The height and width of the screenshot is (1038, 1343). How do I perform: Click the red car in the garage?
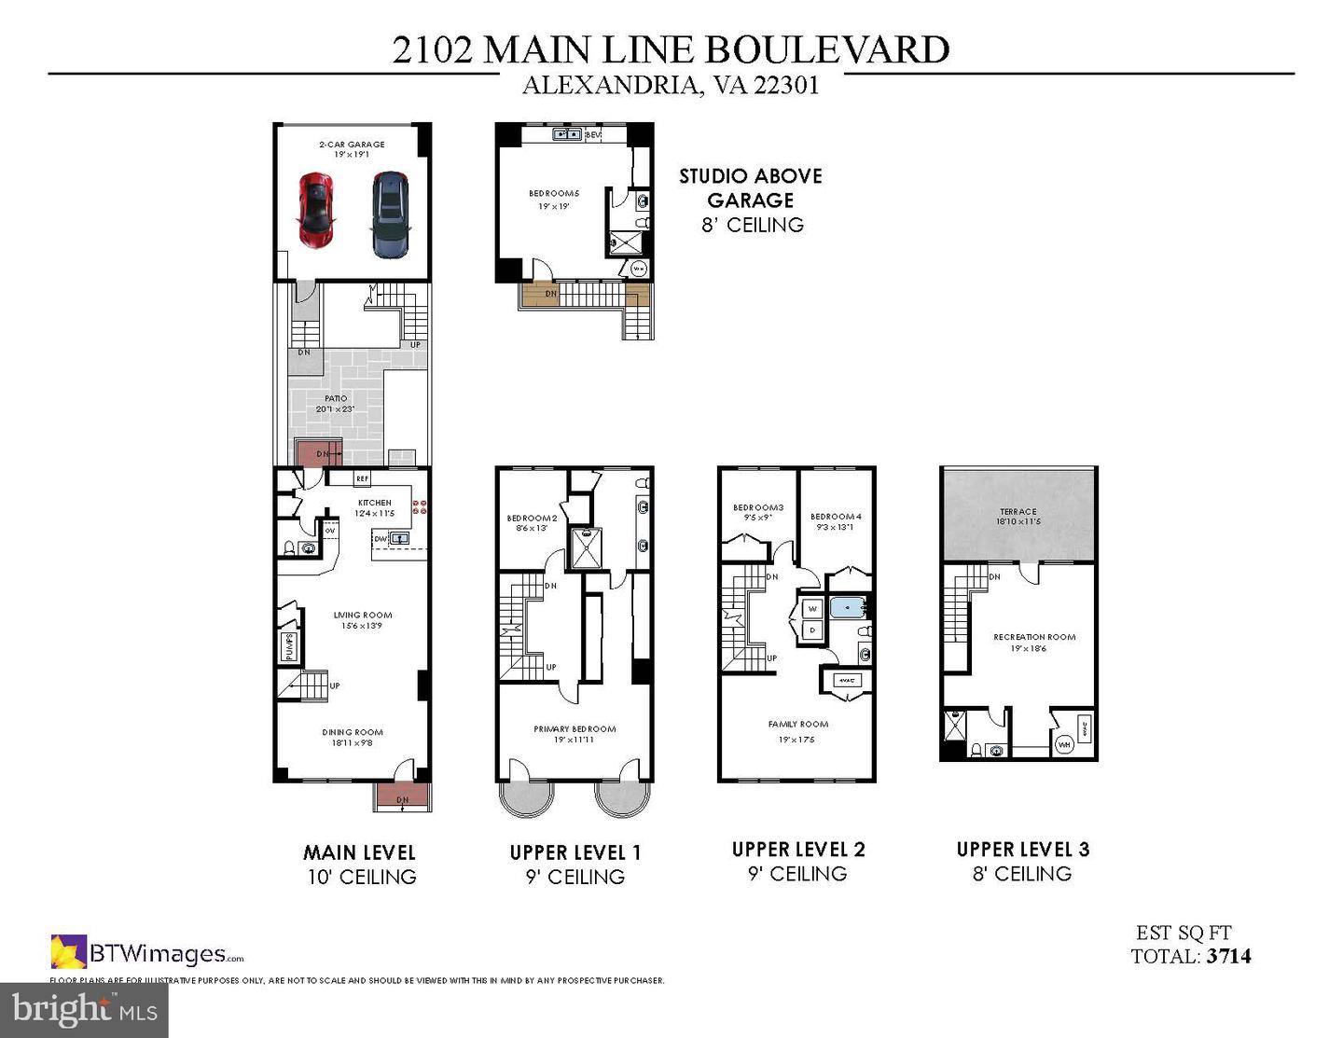[316, 210]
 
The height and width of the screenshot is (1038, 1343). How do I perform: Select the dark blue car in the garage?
[390, 214]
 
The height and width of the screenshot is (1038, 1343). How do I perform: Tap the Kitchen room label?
[375, 503]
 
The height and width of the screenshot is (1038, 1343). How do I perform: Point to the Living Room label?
[363, 615]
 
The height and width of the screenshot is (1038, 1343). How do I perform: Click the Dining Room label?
[353, 732]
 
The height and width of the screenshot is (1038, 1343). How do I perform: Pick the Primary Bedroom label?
[575, 729]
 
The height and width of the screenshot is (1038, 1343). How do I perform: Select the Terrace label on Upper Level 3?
[1018, 511]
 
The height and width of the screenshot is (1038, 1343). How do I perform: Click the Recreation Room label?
[1034, 637]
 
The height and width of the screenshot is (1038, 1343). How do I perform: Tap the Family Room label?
[797, 724]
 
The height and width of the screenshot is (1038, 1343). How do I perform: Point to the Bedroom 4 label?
[836, 517]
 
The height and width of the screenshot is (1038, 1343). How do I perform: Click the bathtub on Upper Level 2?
[849, 608]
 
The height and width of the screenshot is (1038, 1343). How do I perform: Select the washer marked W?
[811, 609]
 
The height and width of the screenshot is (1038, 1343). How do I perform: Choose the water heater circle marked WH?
[1064, 744]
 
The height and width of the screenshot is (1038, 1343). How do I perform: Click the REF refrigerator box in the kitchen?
[362, 479]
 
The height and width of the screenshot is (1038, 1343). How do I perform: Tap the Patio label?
[336, 398]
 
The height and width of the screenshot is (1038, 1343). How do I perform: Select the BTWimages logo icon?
[68, 952]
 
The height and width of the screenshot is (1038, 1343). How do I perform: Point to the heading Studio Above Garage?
[750, 187]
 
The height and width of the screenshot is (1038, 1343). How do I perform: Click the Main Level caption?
[359, 852]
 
